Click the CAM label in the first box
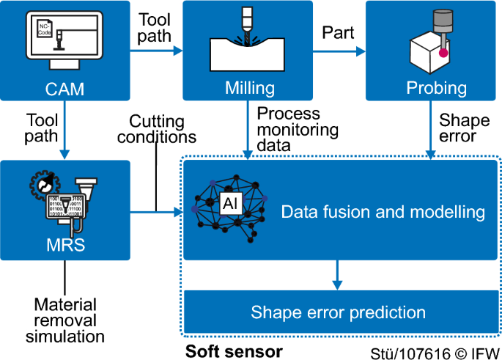pos(64,89)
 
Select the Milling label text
pos(249,89)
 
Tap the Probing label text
pos(436,89)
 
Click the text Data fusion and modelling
pos(383,213)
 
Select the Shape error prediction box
pos(338,313)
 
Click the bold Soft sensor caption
pos(233,351)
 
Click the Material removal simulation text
pos(64,320)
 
